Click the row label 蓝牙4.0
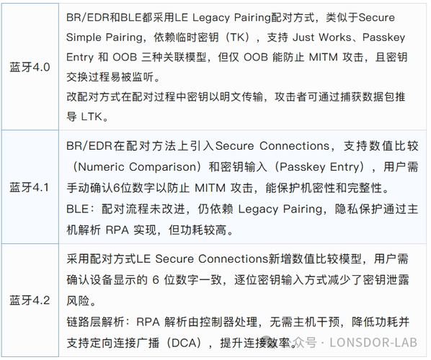[30, 67]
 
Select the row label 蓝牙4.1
[29, 187]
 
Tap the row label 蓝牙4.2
[30, 300]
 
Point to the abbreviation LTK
[92, 117]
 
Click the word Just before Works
[303, 37]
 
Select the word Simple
[84, 37]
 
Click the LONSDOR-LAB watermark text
[373, 343]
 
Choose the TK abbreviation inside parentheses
[236, 37]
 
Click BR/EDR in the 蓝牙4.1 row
[89, 146]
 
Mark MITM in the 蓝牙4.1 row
[210, 188]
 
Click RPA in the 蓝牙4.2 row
[148, 322]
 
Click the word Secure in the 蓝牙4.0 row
[376, 17]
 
